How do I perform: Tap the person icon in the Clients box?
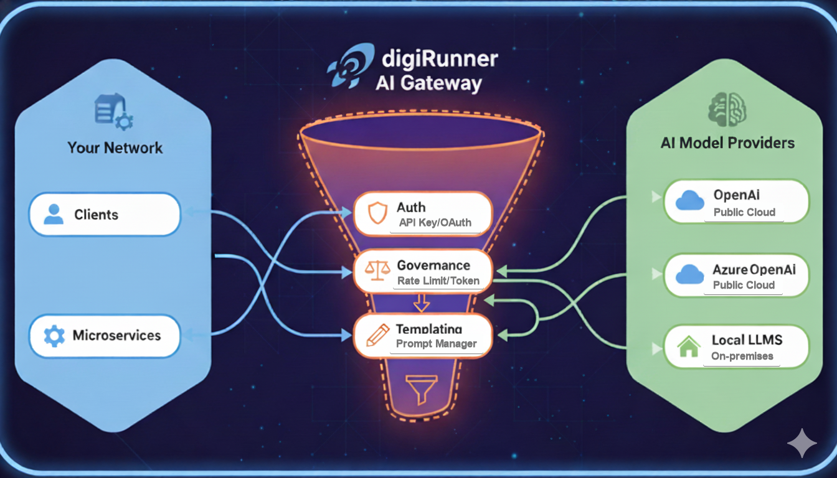click(x=54, y=214)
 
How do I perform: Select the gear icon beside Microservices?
click(x=54, y=336)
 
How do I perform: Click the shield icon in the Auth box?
click(x=377, y=213)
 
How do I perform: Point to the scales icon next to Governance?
click(x=377, y=270)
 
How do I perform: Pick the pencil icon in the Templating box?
click(x=378, y=335)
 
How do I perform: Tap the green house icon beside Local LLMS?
click(x=689, y=346)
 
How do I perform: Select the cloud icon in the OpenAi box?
click(x=690, y=200)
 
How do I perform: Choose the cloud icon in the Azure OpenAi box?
click(x=690, y=274)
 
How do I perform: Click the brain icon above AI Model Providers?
click(x=727, y=109)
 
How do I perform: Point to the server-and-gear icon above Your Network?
click(x=113, y=111)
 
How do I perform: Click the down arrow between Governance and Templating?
click(x=422, y=302)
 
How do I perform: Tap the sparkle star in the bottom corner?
click(x=802, y=443)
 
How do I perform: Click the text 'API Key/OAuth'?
click(x=435, y=223)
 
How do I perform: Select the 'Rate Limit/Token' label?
click(x=438, y=281)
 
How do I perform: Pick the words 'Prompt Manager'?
click(x=436, y=344)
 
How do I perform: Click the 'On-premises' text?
click(x=742, y=356)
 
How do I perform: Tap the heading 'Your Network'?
click(x=115, y=148)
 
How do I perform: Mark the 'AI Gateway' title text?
click(x=428, y=83)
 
